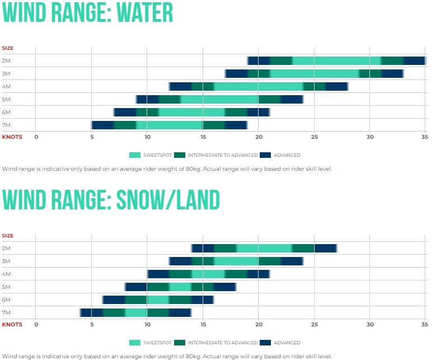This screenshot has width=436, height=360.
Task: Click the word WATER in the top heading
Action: pyautogui.click(x=144, y=12)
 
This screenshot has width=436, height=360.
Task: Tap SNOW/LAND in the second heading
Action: pyautogui.click(x=168, y=200)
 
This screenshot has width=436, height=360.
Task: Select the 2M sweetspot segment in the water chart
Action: pyautogui.click(x=336, y=60)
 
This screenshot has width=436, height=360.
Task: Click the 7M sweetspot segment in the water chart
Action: pyautogui.click(x=170, y=125)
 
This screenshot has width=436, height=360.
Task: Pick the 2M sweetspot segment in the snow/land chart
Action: pyautogui.click(x=264, y=248)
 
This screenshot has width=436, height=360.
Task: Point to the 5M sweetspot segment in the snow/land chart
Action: pyautogui.click(x=180, y=287)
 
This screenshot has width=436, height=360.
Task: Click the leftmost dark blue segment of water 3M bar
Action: pyautogui.click(x=236, y=74)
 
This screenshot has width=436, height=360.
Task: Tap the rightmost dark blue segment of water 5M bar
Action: pyautogui.click(x=292, y=99)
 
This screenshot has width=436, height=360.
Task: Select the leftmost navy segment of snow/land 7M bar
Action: pyautogui.click(x=91, y=313)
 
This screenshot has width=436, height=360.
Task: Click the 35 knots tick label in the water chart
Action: pyautogui.click(x=425, y=137)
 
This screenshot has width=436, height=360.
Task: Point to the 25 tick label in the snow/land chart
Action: pyautogui.click(x=314, y=324)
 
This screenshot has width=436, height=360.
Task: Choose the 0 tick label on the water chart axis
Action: pyautogui.click(x=36, y=137)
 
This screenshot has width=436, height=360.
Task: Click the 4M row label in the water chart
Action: pyautogui.click(x=6, y=87)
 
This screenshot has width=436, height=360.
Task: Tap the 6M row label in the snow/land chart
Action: pyautogui.click(x=6, y=300)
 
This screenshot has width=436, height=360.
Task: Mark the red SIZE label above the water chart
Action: pyautogui.click(x=8, y=48)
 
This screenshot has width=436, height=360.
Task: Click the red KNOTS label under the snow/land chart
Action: pyautogui.click(x=12, y=324)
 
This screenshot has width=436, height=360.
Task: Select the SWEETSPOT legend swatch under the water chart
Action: pyautogui.click(x=135, y=155)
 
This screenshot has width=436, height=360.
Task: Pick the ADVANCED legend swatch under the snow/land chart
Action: pyautogui.click(x=265, y=343)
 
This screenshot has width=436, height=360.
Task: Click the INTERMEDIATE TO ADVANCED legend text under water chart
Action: pyautogui.click(x=223, y=155)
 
